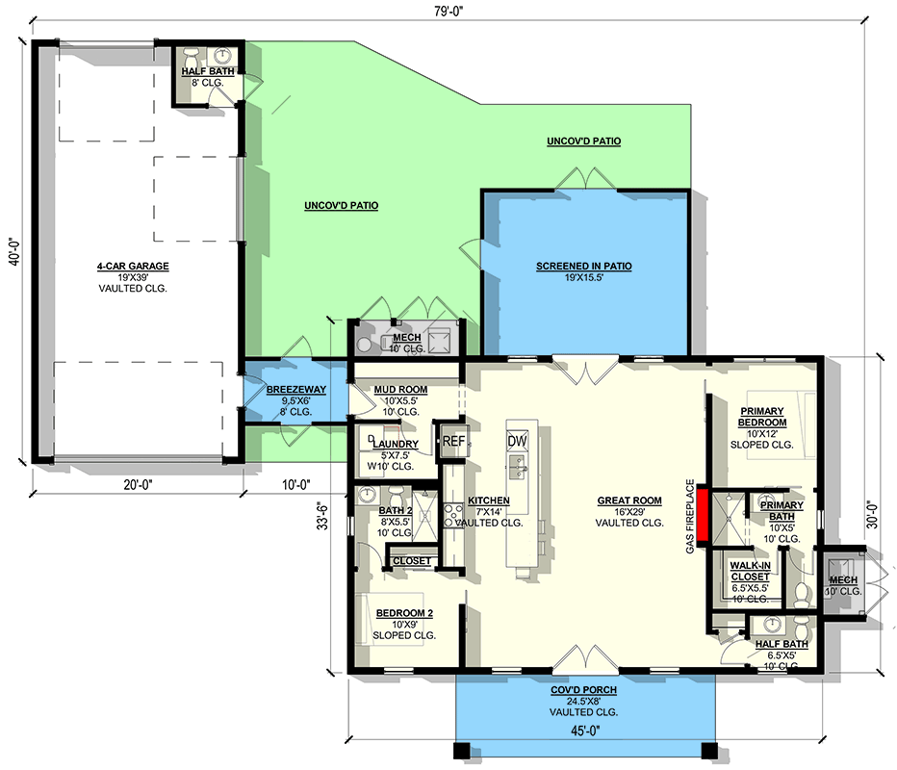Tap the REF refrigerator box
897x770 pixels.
pos(453,442)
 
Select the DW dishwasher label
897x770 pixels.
pos(518,441)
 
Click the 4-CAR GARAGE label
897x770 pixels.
pos(132,267)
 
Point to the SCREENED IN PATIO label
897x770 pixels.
pos(584,267)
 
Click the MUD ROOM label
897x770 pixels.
pos(400,390)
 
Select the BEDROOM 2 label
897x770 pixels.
pos(404,612)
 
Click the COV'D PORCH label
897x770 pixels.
pos(585,690)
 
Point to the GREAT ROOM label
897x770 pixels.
pos(629,500)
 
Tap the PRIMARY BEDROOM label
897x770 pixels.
pos(762,417)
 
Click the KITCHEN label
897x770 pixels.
pos(488,501)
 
